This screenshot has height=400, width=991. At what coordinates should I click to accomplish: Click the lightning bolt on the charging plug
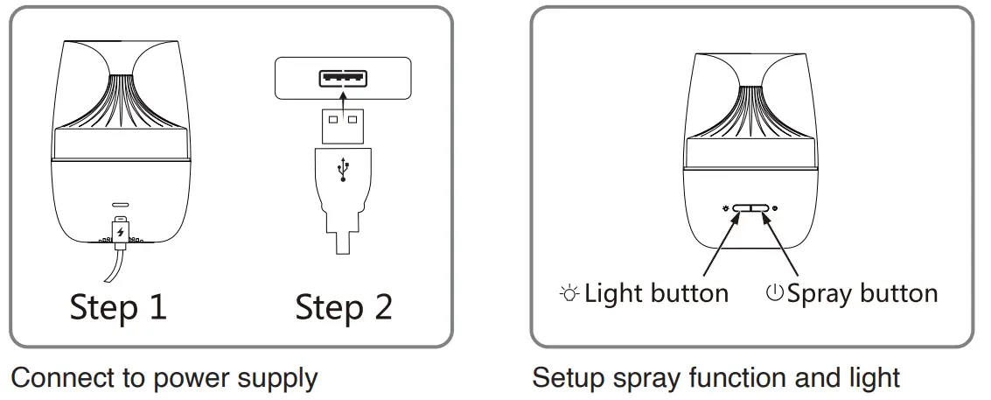pyautogui.click(x=120, y=232)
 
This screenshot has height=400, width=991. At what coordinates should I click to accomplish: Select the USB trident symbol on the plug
pyautogui.click(x=342, y=169)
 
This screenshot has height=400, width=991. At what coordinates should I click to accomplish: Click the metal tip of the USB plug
pyautogui.click(x=342, y=125)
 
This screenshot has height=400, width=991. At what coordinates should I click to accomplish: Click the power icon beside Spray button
pyautogui.click(x=774, y=293)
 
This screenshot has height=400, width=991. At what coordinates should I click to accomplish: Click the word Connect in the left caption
pyautogui.click(x=59, y=379)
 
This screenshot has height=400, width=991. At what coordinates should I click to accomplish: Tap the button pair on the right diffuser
pyautogui.click(x=750, y=209)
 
